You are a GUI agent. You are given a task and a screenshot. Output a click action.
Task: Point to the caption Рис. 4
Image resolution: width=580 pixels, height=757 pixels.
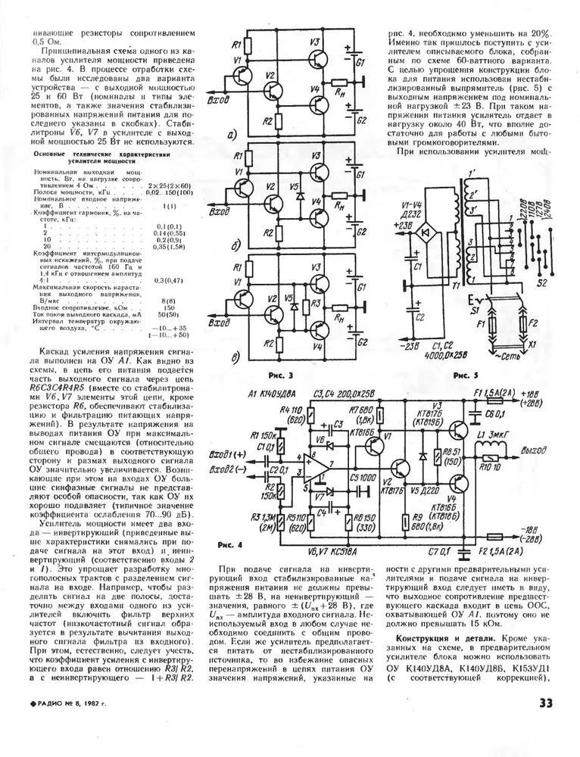[x=229, y=545]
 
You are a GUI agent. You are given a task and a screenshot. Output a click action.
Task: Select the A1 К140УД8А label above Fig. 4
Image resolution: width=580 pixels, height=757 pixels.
[x=271, y=393]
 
